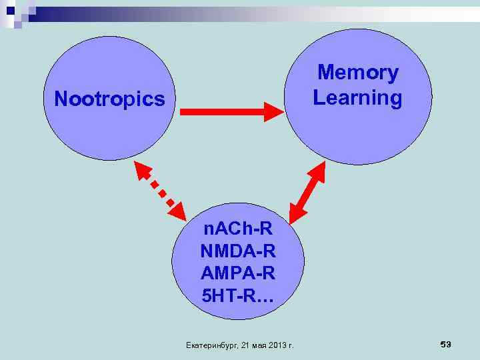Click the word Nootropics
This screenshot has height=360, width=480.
click(109, 100)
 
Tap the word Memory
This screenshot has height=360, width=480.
click(358, 73)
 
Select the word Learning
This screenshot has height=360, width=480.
click(358, 98)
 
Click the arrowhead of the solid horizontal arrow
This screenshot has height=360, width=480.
click(274, 111)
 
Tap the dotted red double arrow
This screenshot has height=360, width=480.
click(161, 189)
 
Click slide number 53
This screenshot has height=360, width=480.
click(446, 343)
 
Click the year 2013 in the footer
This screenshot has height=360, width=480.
click(277, 345)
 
